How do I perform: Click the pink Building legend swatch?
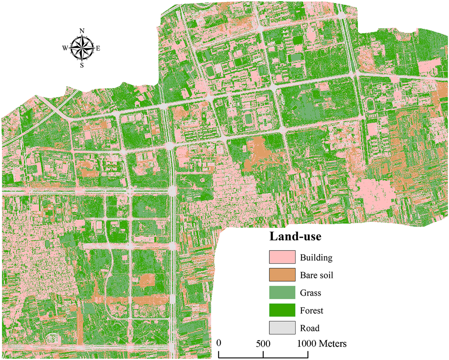pos(282,257)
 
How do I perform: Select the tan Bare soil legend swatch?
pos(282,275)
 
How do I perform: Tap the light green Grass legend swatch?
pos(282,293)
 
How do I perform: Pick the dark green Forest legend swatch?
pos(282,310)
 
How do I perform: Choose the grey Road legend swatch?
pos(282,328)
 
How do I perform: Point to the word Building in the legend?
pos(316,258)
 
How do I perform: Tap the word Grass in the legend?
pos(311,293)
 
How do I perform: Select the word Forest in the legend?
pos(311,311)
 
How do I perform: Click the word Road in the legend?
pos(310,328)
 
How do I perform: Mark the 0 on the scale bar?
pos(219,343)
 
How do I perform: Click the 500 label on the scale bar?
pos(263,343)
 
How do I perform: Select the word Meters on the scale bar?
pos(334,343)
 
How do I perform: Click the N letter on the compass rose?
pos(82,31)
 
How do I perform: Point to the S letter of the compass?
pos(82,65)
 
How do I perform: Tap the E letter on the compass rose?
pos(98,48)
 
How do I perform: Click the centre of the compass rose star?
pos(82,48)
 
